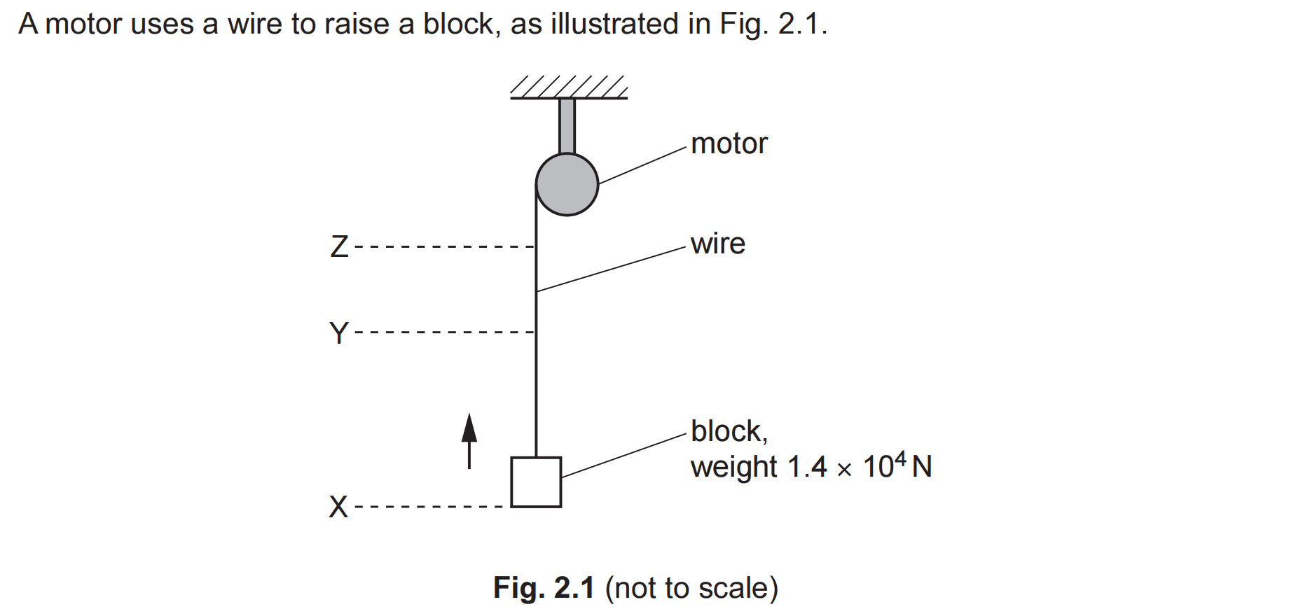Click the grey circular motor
[567, 184]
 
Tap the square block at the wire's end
[536, 482]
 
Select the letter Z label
[340, 246]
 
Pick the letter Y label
[339, 333]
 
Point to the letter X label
[338, 507]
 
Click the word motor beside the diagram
[729, 144]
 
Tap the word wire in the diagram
[717, 244]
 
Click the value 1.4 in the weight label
[807, 467]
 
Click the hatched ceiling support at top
[568, 88]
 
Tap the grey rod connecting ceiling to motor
[567, 126]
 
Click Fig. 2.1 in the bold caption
[544, 588]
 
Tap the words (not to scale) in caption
[691, 588]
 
